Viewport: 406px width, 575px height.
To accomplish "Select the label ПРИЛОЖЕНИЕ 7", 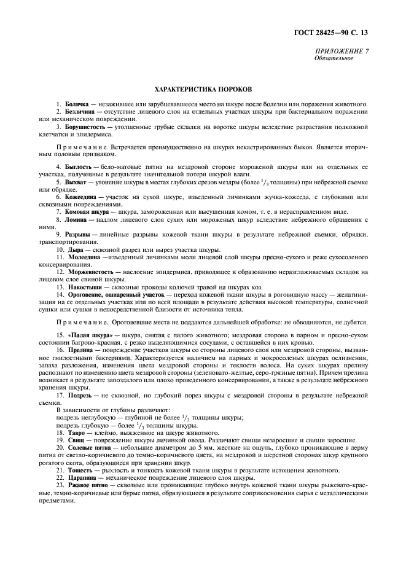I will tap(343, 52).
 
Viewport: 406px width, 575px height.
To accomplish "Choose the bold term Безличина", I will tap(80, 111).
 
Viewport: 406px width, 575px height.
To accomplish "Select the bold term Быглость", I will tap(78, 166).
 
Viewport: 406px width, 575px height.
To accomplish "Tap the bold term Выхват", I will tap(76, 182).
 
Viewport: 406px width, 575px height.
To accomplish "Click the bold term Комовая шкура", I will tap(89, 212).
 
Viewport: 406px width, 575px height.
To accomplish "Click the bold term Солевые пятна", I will tap(88, 448).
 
